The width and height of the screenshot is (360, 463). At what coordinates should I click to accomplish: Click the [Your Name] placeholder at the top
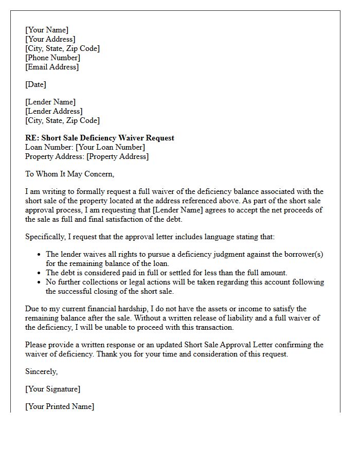47,30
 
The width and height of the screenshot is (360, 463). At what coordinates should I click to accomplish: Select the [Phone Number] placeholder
52,58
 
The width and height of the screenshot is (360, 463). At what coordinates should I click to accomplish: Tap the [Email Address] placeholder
52,67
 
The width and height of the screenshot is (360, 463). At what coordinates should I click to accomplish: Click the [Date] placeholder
35,84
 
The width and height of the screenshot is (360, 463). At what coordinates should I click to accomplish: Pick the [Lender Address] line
53,111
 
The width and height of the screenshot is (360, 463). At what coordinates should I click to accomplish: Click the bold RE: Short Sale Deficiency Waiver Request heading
100,138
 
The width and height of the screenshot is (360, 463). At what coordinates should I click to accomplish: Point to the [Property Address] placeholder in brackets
117,156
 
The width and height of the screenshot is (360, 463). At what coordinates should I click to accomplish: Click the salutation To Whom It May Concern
69,174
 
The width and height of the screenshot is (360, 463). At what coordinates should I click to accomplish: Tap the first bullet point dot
40,255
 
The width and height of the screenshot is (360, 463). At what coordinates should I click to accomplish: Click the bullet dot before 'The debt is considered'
40,273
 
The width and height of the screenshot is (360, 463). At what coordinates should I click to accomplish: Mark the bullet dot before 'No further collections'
40,282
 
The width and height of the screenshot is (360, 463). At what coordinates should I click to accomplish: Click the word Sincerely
42,371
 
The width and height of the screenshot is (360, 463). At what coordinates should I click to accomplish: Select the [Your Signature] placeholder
53,389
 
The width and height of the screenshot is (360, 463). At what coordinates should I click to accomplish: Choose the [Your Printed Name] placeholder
60,406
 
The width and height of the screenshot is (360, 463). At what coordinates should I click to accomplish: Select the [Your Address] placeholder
50,39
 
